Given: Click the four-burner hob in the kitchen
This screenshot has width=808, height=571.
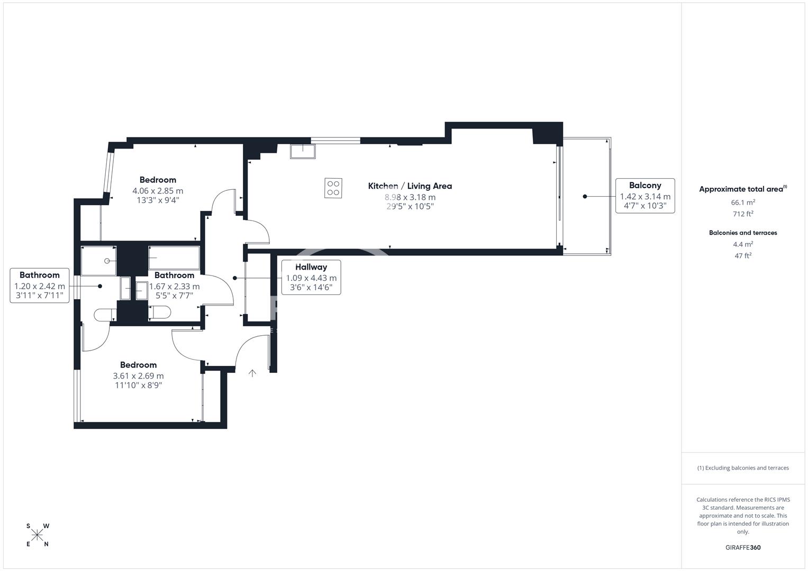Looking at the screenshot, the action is (333, 188).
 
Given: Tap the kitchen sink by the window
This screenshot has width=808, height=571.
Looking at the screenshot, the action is (303, 151).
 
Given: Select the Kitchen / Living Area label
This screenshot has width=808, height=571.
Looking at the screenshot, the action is (410, 186).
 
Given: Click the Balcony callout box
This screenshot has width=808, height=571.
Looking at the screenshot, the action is (645, 196).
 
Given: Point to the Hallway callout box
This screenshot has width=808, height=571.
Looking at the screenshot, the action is (311, 277).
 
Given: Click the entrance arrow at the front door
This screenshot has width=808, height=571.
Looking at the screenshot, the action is (252, 373).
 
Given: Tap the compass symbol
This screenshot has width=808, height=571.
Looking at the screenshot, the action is (37, 535).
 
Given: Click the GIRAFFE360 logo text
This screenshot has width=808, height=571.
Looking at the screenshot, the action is (743, 547).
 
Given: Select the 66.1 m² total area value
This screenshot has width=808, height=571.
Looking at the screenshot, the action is (743, 202).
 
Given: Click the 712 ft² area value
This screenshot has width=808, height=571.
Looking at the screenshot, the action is (743, 214).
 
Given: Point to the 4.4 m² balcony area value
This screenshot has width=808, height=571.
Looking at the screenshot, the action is (743, 244).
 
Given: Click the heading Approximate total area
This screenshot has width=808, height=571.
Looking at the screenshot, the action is (743, 189).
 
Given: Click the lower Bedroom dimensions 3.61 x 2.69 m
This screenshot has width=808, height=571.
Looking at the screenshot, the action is (138, 375).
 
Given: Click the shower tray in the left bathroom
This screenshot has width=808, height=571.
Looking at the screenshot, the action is (98, 261).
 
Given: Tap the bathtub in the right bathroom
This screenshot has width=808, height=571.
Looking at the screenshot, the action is (174, 257).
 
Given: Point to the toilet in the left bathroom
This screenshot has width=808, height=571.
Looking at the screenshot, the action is (105, 315).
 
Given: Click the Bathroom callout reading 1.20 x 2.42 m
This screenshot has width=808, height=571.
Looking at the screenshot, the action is (39, 285).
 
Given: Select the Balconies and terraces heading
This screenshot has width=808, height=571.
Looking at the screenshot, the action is (743, 233).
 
